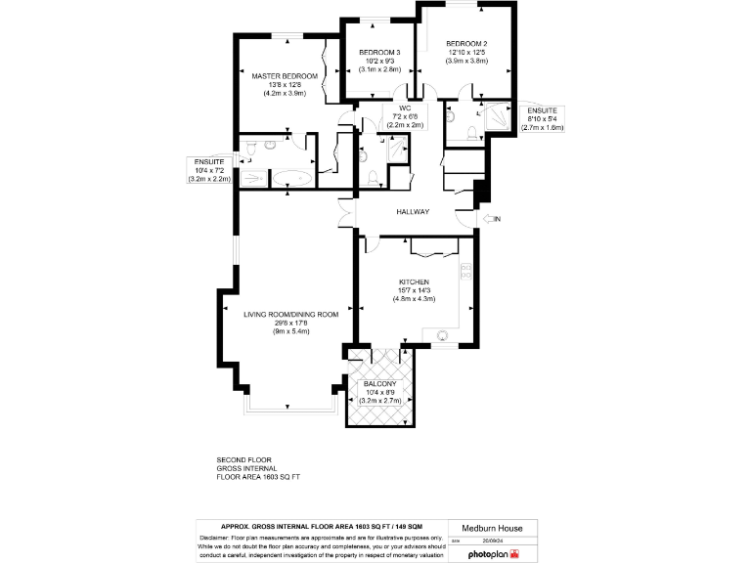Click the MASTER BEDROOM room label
point(285,76)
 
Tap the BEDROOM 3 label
point(379,52)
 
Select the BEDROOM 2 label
point(466,44)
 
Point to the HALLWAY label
point(414,212)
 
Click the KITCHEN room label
point(414,281)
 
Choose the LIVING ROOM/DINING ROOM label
point(290,314)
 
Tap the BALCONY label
point(380,386)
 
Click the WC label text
point(404,108)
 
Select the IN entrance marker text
point(497,218)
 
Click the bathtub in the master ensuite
point(290,178)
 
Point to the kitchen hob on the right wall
point(466,271)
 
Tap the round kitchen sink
point(442,334)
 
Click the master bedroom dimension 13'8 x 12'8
point(285,85)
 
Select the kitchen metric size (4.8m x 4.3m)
point(414,298)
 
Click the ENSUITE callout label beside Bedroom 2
point(540,110)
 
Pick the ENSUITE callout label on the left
point(209,161)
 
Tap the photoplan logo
point(497,553)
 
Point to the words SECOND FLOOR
point(243,459)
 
